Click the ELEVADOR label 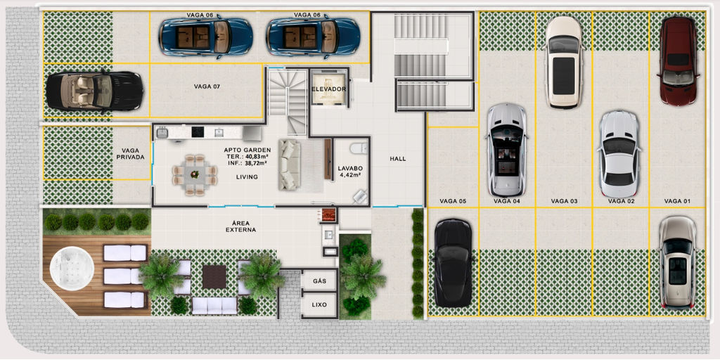(329, 89)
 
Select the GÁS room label (319, 281)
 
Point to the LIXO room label (319, 304)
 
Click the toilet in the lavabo (358, 148)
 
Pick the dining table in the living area (195, 175)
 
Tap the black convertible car (94, 91)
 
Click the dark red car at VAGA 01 (678, 61)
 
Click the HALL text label (398, 159)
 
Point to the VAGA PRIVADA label (133, 154)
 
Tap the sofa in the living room (290, 165)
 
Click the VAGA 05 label (453, 201)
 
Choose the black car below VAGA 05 (453, 263)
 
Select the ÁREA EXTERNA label (240, 226)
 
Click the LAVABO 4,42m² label (349, 172)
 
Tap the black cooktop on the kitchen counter (198, 132)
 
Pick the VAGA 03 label (565, 201)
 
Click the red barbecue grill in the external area (329, 214)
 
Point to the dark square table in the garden (214, 277)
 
